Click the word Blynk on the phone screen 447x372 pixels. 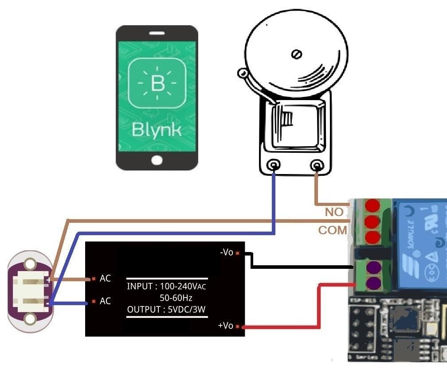(157, 130)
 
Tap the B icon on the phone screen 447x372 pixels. (157, 83)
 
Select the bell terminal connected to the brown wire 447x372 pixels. (317, 166)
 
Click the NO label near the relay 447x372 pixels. (334, 212)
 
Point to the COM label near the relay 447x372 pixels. (333, 231)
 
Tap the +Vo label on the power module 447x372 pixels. (225, 326)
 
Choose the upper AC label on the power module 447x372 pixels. (105, 279)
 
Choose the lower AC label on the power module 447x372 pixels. (105, 301)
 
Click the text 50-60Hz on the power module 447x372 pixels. (176, 298)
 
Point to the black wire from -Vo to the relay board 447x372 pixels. (302, 267)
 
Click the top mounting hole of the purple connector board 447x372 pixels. (30, 264)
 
